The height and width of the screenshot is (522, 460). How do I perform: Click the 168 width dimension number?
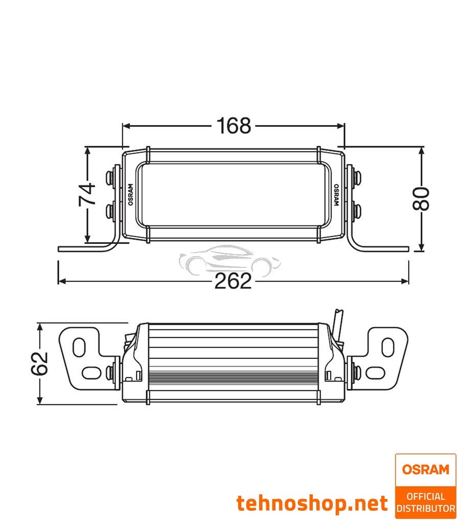click(x=234, y=126)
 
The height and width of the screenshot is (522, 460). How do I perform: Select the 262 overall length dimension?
click(x=233, y=281)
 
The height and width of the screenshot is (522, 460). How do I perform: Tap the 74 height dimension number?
click(x=87, y=194)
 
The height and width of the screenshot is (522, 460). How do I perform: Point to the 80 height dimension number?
click(x=421, y=199)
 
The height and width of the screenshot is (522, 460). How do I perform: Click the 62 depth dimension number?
click(x=39, y=364)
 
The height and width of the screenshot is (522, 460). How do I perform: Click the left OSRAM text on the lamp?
click(x=130, y=194)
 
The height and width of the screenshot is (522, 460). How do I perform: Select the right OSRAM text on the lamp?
click(x=336, y=194)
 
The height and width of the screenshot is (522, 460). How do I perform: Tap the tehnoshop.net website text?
click(x=312, y=503)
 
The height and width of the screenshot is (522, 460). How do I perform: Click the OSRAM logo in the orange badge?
click(x=425, y=469)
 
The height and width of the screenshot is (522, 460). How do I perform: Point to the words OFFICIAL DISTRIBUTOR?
click(x=425, y=502)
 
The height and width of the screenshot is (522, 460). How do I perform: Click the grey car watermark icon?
click(x=229, y=259)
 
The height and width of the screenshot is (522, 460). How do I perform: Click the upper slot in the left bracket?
click(x=79, y=347)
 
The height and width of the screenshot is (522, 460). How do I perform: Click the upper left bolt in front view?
click(x=110, y=177)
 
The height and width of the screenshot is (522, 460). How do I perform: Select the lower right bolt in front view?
click(x=356, y=209)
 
